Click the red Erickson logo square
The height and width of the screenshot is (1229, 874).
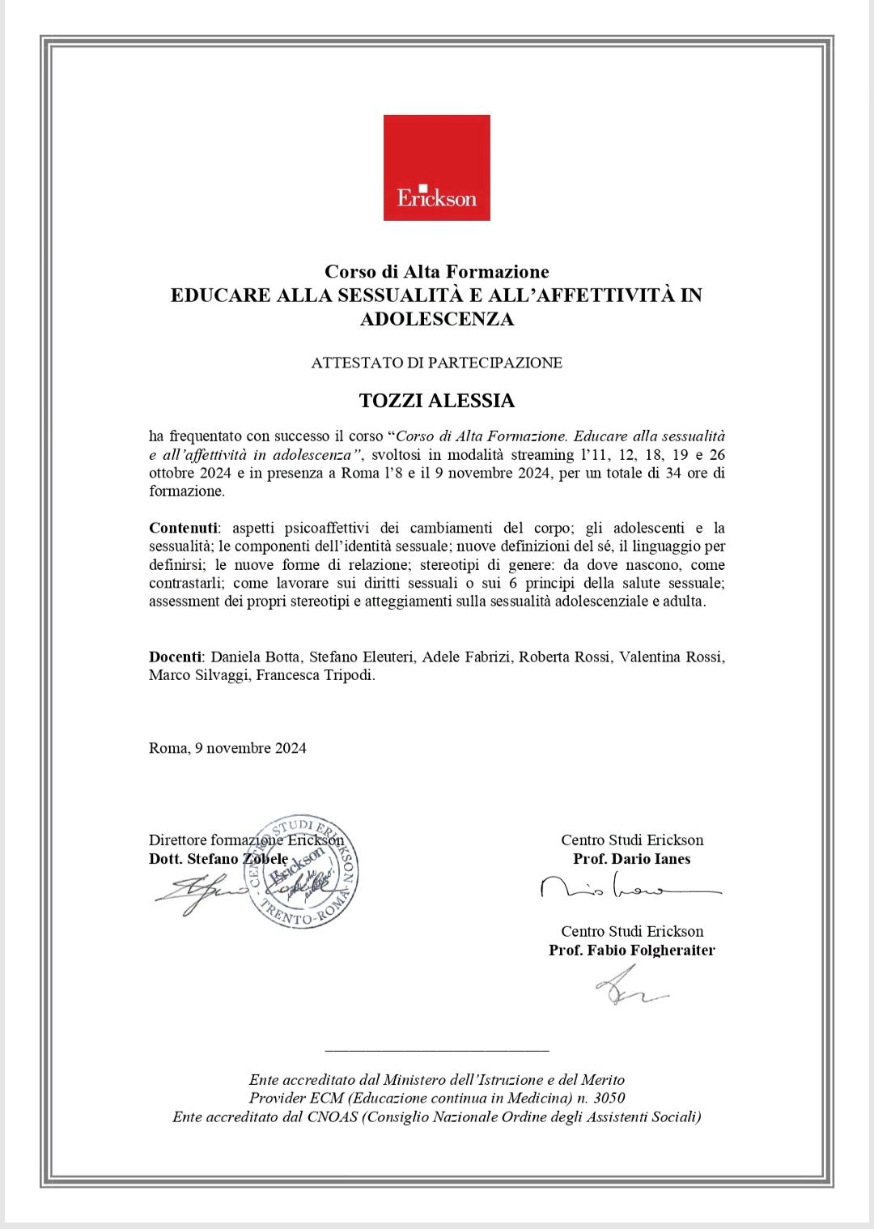(436, 168)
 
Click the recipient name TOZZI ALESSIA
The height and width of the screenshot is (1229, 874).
(436, 401)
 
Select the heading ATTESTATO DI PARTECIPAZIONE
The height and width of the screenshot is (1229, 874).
(436, 363)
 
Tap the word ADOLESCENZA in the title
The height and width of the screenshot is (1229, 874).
(436, 319)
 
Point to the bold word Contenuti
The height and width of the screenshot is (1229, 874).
(183, 528)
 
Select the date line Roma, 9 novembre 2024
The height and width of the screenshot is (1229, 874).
(227, 748)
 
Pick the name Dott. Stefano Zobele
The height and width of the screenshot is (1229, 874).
(218, 859)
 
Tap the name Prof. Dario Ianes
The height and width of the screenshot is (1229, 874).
(631, 859)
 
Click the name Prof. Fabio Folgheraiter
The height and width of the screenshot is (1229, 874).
(631, 950)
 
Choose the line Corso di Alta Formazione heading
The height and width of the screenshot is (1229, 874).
(436, 271)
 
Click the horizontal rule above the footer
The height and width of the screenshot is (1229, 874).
(436, 1051)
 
